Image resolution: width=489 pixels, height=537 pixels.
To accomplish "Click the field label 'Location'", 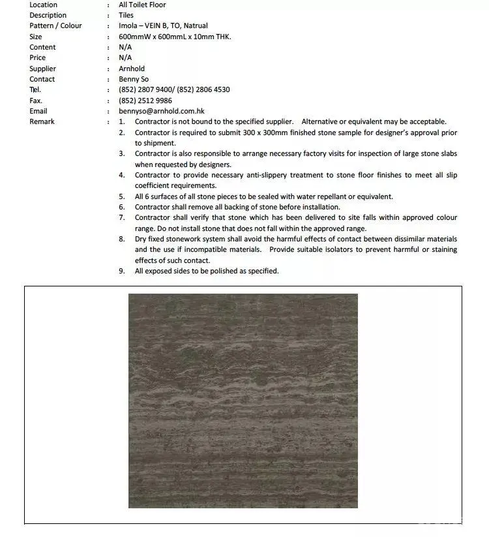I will (43, 5).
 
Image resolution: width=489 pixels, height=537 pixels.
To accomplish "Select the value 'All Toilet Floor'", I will (142, 5).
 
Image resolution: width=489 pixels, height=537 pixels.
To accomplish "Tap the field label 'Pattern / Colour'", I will (55, 25).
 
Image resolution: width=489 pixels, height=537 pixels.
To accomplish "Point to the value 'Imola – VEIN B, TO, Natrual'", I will (163, 25).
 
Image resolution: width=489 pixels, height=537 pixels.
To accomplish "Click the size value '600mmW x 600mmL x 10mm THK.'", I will (175, 37).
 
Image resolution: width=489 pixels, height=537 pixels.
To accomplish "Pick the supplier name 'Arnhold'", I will (132, 69).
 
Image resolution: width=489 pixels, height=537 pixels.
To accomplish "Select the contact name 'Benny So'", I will (134, 79).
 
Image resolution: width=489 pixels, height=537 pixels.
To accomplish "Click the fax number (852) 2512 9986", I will (145, 100).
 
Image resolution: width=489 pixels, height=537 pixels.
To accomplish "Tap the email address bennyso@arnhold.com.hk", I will (162, 111).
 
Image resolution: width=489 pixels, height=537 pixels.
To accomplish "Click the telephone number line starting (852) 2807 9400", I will (174, 89).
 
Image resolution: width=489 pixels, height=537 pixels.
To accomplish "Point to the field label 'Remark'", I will (42, 121).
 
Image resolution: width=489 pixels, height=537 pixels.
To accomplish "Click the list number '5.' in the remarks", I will (122, 196).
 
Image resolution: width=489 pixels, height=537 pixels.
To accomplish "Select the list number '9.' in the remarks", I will (122, 271).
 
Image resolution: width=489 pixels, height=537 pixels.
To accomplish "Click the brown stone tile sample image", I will (243, 400).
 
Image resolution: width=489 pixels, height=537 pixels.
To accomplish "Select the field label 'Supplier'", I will (42, 69).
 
